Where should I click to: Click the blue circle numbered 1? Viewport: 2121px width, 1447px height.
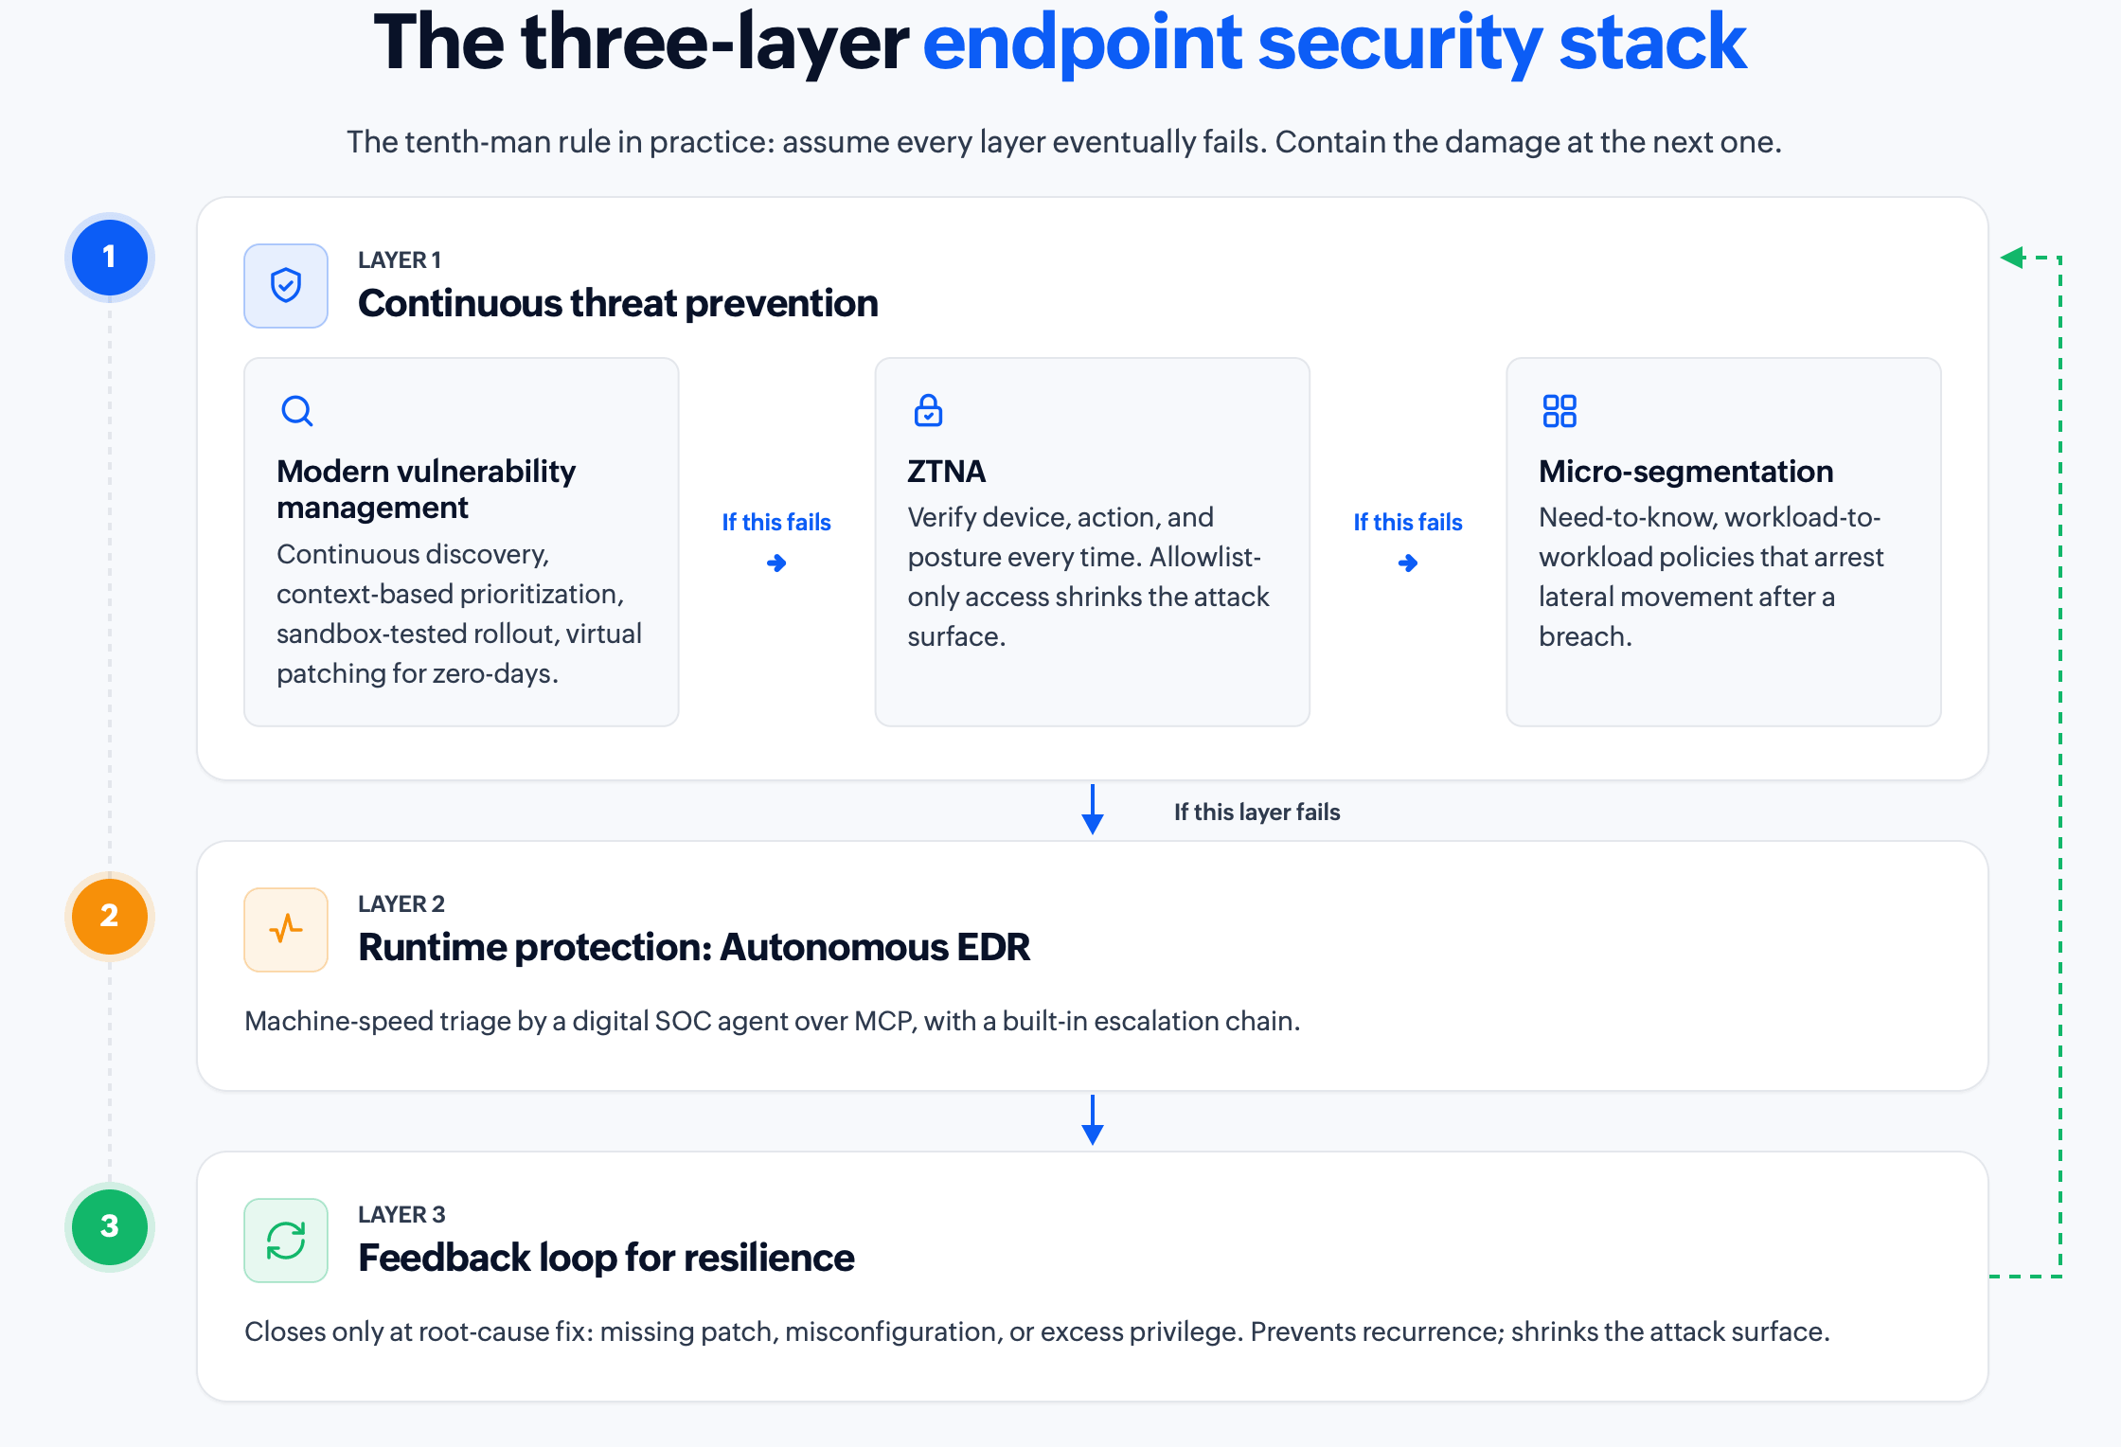pos(110,257)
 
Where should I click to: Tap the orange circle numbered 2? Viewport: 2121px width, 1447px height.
pos(110,916)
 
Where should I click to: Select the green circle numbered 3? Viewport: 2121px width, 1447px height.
pos(110,1226)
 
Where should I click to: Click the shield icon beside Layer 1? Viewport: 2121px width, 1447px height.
pos(286,285)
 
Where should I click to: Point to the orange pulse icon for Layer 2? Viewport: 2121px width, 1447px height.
pos(286,929)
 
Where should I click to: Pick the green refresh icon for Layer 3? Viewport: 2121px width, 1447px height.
pos(286,1240)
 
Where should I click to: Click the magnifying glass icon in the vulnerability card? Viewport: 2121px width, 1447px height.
pos(297,411)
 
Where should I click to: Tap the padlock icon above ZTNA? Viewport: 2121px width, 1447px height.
pos(928,410)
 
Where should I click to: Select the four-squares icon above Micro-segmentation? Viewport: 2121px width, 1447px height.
pos(1560,411)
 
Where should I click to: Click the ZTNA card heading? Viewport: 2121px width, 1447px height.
pos(947,471)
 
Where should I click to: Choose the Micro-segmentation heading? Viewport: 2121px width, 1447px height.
pos(1685,471)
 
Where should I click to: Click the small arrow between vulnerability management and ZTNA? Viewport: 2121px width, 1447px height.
pos(776,563)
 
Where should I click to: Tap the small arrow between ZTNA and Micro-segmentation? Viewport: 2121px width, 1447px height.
pos(1408,563)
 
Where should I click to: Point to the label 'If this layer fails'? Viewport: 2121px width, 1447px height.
pos(1257,812)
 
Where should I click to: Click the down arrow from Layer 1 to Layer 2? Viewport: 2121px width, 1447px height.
pos(1093,809)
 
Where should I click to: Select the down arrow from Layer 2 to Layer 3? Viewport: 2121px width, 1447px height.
pos(1093,1119)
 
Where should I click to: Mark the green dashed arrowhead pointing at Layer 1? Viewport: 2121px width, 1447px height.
pos(2012,257)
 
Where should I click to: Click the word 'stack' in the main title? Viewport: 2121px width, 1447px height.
pos(1652,43)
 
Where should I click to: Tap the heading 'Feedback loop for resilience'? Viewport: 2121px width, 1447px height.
pos(606,1258)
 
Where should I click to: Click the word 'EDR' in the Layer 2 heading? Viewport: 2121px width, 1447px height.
pos(993,947)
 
